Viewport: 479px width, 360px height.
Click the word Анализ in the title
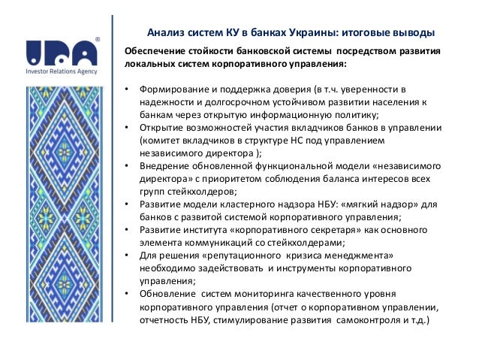click(x=164, y=33)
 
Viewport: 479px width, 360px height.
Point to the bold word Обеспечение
click(x=155, y=50)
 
